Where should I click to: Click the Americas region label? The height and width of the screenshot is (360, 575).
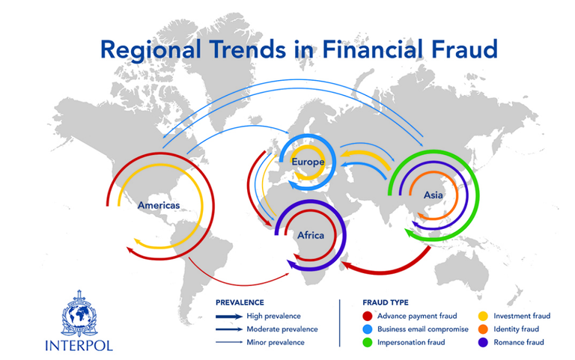pyautogui.click(x=159, y=205)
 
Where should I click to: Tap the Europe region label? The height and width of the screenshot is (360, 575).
pyautogui.click(x=308, y=162)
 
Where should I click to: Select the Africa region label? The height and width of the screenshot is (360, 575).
pyautogui.click(x=311, y=235)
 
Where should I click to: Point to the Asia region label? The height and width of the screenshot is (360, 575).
pyautogui.click(x=433, y=195)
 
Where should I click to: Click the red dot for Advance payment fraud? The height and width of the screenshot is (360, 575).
pyautogui.click(x=367, y=316)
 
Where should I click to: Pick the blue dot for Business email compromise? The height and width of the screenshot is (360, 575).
pyautogui.click(x=367, y=329)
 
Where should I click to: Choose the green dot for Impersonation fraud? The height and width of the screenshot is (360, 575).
pyautogui.click(x=367, y=342)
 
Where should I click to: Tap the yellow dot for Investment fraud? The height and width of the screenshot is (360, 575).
pyautogui.click(x=484, y=316)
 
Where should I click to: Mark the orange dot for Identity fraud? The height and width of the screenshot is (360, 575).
pyautogui.click(x=484, y=329)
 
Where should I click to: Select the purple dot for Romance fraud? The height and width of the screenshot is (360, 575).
pyautogui.click(x=484, y=342)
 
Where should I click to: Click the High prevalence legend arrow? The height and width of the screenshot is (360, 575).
pyautogui.click(x=229, y=317)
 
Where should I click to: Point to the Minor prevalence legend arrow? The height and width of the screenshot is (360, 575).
pyautogui.click(x=229, y=342)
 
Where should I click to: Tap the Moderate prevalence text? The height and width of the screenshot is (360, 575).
pyautogui.click(x=282, y=329)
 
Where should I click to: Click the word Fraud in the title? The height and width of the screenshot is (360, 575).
pyautogui.click(x=465, y=49)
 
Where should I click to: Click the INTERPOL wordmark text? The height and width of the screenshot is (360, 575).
pyautogui.click(x=79, y=345)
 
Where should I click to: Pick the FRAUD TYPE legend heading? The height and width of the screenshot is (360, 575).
pyautogui.click(x=386, y=302)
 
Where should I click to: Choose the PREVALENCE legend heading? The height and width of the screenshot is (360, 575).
pyautogui.click(x=240, y=302)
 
